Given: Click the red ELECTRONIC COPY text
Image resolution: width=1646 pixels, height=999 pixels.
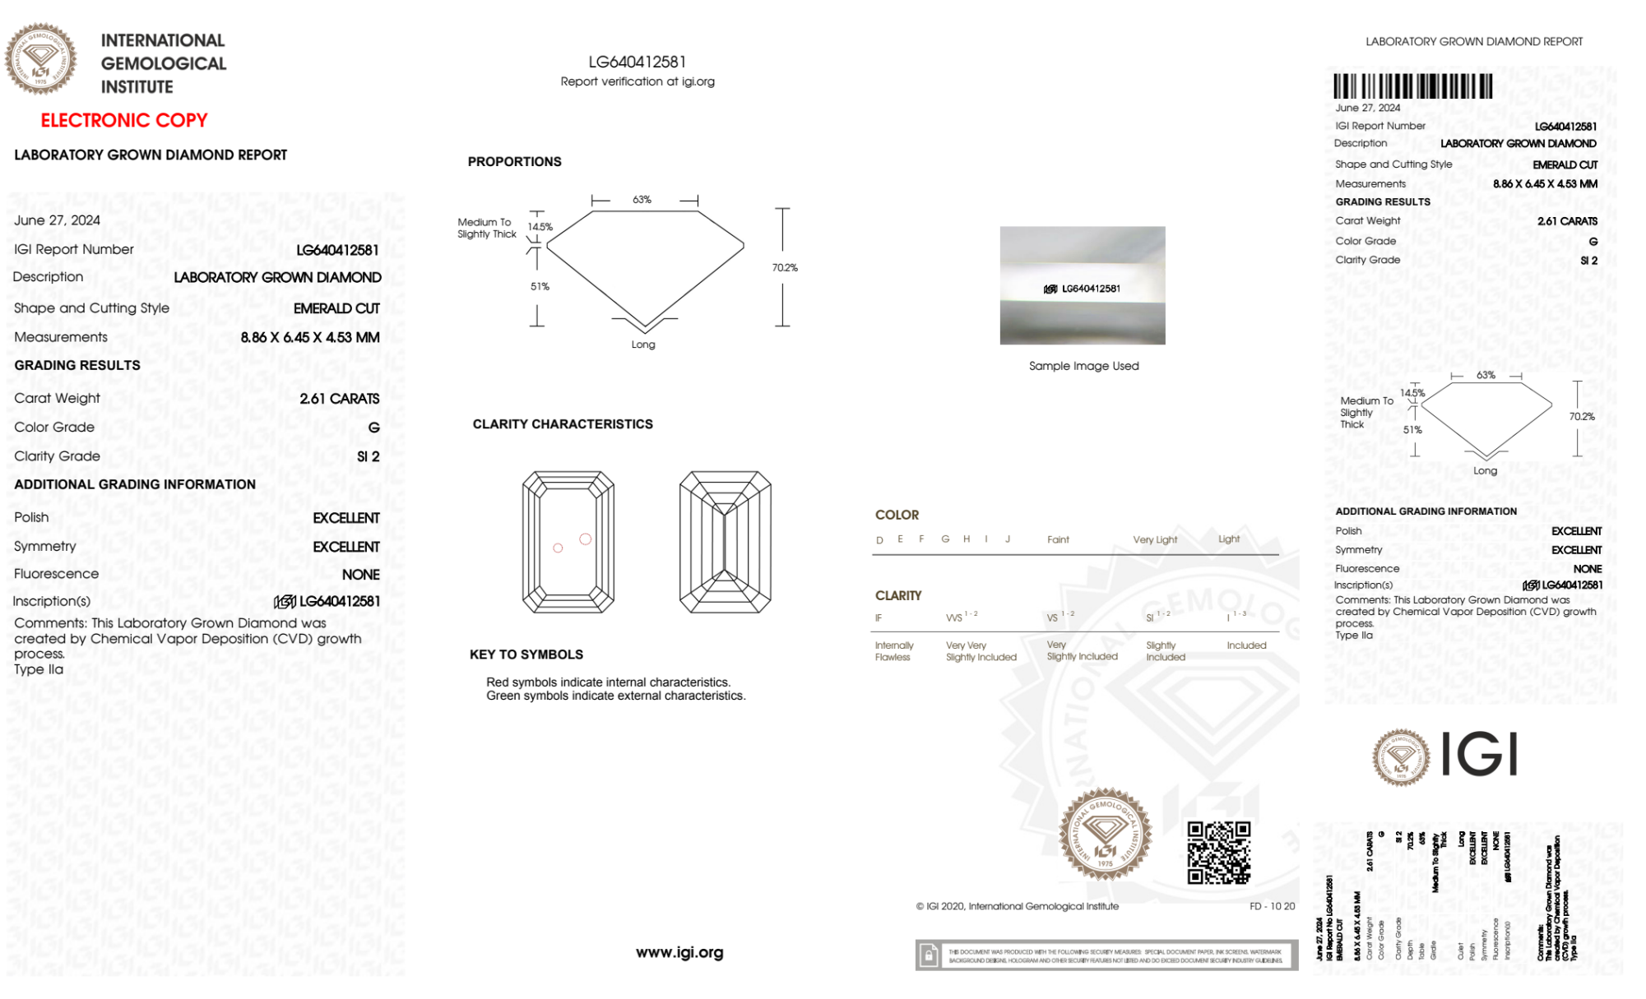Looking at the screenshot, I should pyautogui.click(x=124, y=121).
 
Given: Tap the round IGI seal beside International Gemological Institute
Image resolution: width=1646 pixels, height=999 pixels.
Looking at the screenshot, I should pyautogui.click(x=40, y=59).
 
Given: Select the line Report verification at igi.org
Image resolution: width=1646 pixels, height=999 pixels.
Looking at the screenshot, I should pyautogui.click(x=638, y=81).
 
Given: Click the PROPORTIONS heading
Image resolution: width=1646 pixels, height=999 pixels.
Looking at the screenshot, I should pyautogui.click(x=514, y=162).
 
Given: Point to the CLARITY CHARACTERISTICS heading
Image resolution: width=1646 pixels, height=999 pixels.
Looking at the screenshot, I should pyautogui.click(x=563, y=424).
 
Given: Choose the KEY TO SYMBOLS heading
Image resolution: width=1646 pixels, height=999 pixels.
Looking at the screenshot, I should pyautogui.click(x=526, y=654).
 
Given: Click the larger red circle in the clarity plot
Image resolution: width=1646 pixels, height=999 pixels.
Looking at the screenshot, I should pyautogui.click(x=585, y=539).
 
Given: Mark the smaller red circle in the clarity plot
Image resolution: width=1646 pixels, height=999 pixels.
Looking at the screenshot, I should pyautogui.click(x=558, y=548).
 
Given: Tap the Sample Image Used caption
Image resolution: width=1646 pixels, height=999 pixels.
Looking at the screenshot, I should pyautogui.click(x=1083, y=366).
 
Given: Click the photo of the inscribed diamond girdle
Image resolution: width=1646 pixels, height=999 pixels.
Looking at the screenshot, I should pyautogui.click(x=1083, y=285).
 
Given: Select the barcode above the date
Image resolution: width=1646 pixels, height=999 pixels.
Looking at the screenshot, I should pyautogui.click(x=1412, y=86).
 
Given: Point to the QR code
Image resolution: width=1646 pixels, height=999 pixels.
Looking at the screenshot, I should pyautogui.click(x=1218, y=853).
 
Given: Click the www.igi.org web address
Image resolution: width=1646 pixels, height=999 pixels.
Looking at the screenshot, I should pyautogui.click(x=679, y=952).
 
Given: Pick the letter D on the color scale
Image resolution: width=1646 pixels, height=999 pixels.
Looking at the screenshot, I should pyautogui.click(x=879, y=540).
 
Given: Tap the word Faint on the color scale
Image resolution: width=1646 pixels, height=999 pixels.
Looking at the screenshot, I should pyautogui.click(x=1058, y=540).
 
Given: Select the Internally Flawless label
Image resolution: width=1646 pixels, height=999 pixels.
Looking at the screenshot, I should pyautogui.click(x=893, y=651).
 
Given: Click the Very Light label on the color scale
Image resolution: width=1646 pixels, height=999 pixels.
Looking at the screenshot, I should pyautogui.click(x=1155, y=540).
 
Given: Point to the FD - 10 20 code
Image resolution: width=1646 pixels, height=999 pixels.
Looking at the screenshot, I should pyautogui.click(x=1272, y=906).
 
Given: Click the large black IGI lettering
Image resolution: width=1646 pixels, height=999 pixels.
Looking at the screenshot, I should pyautogui.click(x=1479, y=755).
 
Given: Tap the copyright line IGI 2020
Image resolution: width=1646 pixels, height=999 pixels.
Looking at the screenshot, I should pyautogui.click(x=1018, y=906).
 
